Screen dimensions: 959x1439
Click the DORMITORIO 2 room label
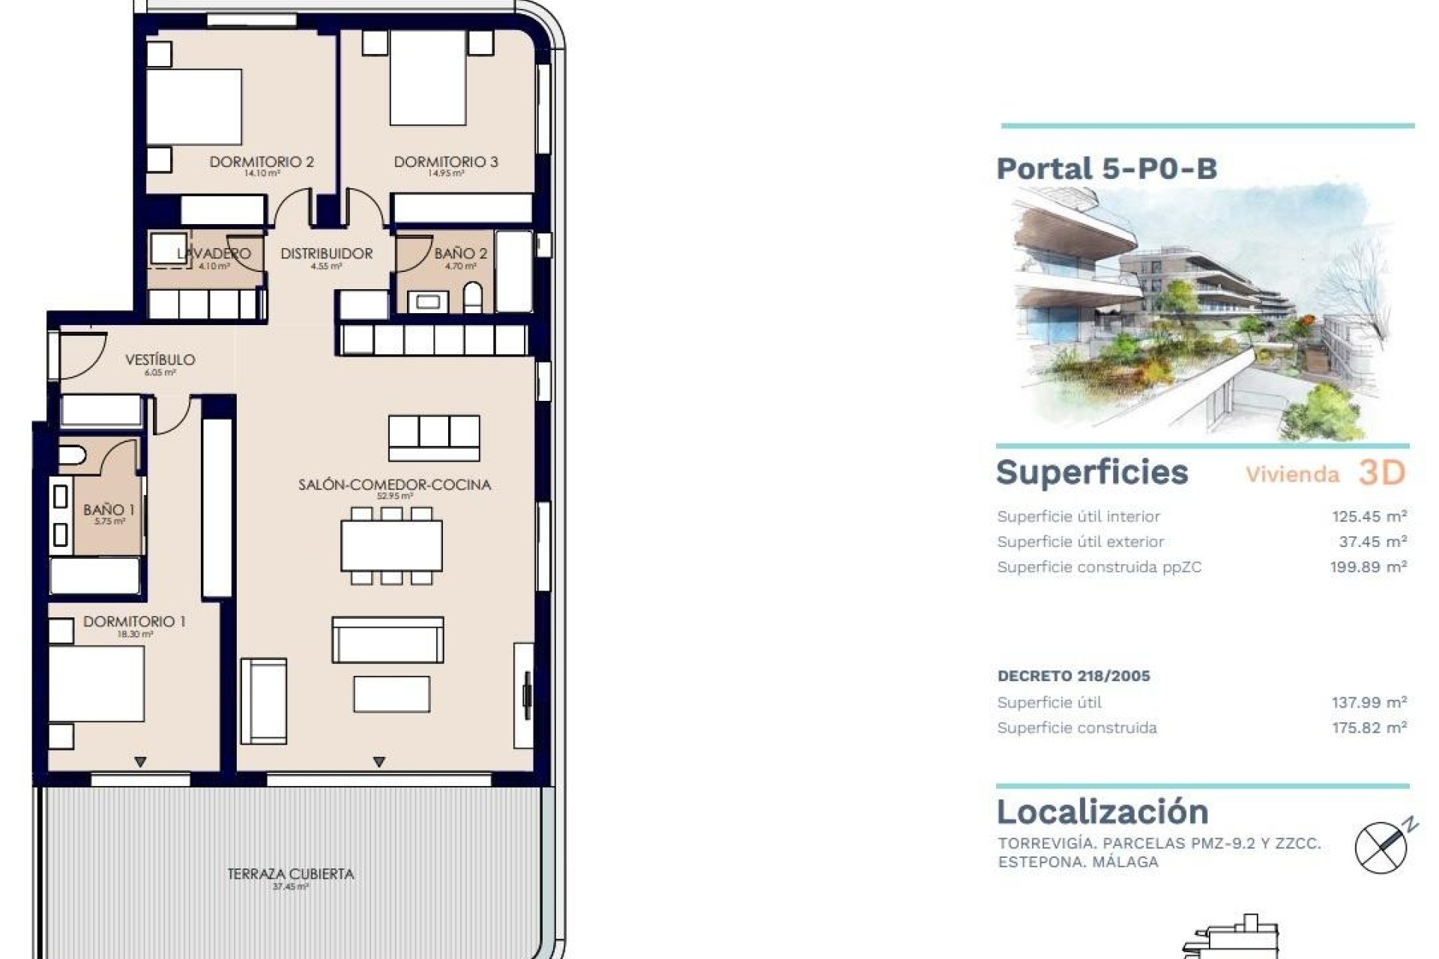click(x=261, y=162)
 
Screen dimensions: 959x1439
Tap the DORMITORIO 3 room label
click(x=445, y=162)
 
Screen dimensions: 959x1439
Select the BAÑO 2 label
click(x=460, y=254)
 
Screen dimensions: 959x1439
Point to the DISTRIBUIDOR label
click(x=326, y=254)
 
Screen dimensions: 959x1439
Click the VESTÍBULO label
click(x=160, y=360)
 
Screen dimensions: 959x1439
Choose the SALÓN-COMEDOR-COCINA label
click(x=394, y=485)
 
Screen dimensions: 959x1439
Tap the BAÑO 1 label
click(x=109, y=510)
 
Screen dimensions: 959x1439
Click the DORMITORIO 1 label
click(x=134, y=622)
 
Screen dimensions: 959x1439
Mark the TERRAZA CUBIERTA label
click(x=290, y=874)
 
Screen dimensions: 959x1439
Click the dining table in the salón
click(x=391, y=545)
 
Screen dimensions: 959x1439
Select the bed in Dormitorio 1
click(x=96, y=684)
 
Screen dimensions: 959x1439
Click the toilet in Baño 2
click(x=473, y=298)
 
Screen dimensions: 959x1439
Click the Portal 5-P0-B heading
click(x=1106, y=169)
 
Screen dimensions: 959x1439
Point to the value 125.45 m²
click(x=1369, y=516)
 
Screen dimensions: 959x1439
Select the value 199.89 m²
click(x=1368, y=567)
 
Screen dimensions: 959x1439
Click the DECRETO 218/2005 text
click(x=1073, y=676)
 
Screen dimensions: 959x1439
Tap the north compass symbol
click(x=1382, y=847)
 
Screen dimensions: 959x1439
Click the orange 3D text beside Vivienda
click(x=1381, y=473)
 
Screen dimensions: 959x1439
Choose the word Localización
click(x=1102, y=812)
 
